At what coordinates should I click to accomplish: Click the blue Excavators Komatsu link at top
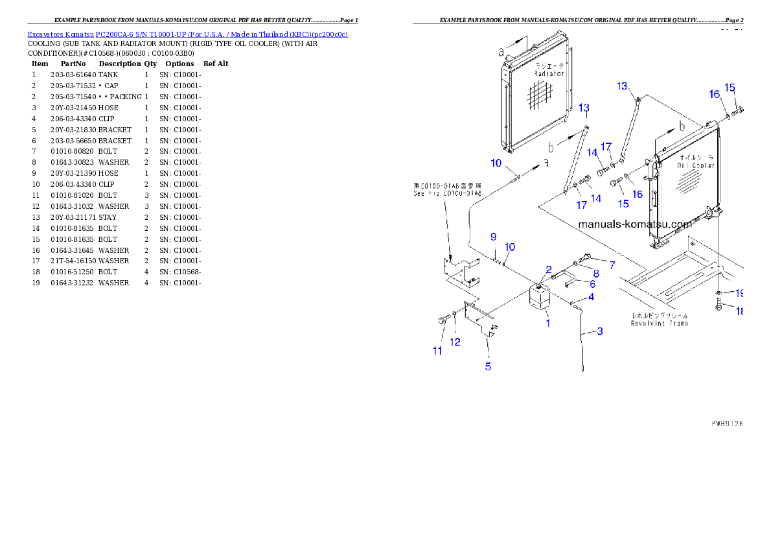pos(187,34)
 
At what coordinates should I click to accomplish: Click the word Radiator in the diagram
pos(549,74)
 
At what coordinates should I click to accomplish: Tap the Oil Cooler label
pos(696,165)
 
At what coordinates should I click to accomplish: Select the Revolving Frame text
pos(660,323)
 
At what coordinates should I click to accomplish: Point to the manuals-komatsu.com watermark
pos(634,224)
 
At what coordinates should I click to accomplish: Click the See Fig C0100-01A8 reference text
pos(447,194)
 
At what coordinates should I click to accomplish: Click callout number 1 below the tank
pos(547,322)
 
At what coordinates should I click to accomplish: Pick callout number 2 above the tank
pos(548,269)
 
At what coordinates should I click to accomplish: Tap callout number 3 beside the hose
pos(599,331)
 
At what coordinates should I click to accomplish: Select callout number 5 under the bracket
pos(488,366)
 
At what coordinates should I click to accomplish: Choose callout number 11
pos(438,351)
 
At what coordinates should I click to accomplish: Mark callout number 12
pos(455,342)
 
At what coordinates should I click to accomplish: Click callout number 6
pos(592,283)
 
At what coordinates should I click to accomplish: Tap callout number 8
pos(596,273)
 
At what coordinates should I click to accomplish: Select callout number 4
pos(591,297)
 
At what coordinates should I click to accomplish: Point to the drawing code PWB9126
pos(726,423)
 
